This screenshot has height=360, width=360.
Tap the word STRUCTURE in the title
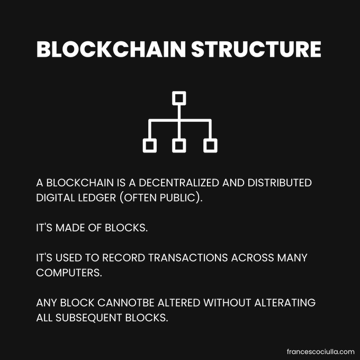[x=256, y=49]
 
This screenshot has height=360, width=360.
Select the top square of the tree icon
[x=179, y=98]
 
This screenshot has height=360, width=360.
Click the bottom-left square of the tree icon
[x=150, y=145]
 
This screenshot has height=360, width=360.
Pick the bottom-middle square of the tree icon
[x=179, y=145]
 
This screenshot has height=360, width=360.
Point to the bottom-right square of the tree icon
[x=210, y=145]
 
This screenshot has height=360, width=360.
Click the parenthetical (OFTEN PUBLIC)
[x=158, y=199]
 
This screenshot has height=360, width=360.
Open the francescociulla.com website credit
[x=319, y=352]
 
